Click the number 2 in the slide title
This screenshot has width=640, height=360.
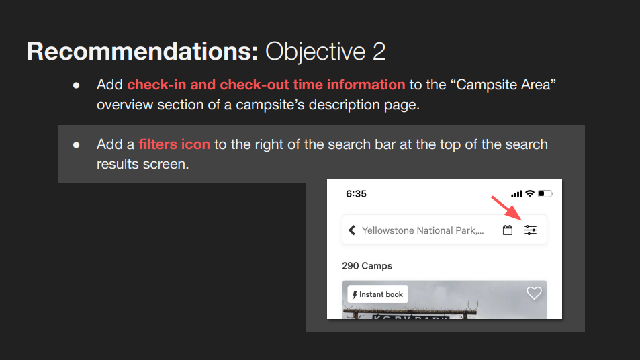pos(379,52)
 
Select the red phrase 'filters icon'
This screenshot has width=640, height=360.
pos(175,144)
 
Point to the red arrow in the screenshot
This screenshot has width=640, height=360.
pos(506,208)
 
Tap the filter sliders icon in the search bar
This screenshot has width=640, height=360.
pos(531,230)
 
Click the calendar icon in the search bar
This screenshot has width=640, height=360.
pos(507,230)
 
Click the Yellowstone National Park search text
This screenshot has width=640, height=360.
pos(423,230)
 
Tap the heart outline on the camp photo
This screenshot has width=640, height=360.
pos(534,293)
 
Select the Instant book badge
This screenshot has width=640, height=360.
pos(377,294)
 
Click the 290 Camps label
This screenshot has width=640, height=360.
pos(367,266)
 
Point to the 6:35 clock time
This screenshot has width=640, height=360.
pos(356,194)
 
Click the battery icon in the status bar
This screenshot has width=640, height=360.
pos(545,193)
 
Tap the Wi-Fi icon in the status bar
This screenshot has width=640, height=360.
pos(529,193)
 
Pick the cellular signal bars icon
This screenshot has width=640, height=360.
pos(516,194)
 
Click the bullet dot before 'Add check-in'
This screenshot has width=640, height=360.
pos(77,85)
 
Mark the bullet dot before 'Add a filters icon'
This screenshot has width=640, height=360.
pos(77,145)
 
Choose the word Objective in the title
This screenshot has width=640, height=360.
pos(315,52)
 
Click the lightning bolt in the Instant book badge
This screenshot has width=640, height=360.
pos(355,295)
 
